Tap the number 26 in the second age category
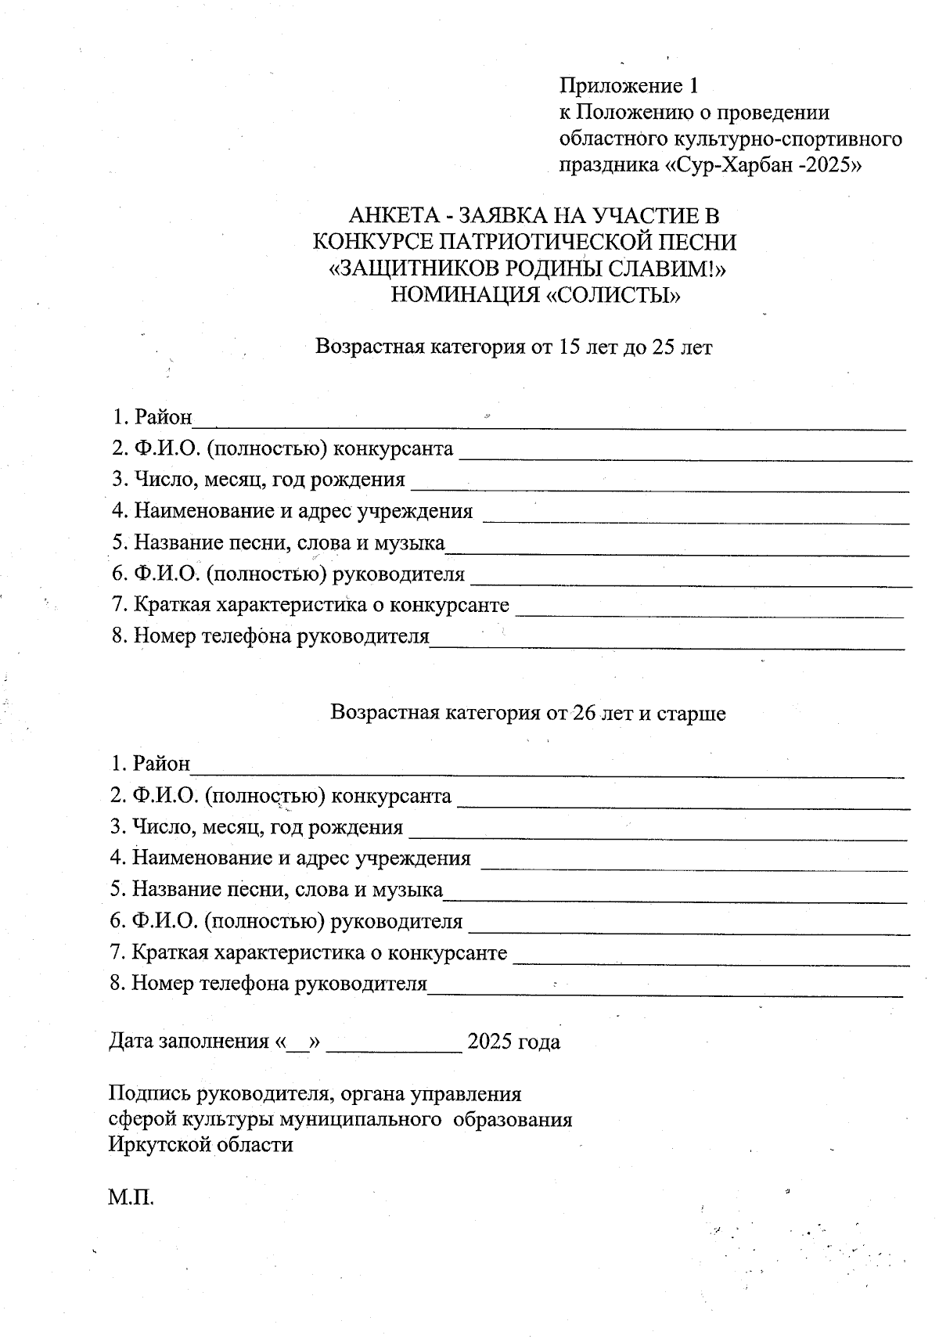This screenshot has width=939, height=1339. pyautogui.click(x=585, y=713)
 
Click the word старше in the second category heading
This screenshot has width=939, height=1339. pyautogui.click(x=691, y=713)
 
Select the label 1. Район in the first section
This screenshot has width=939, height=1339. pyautogui.click(x=152, y=416)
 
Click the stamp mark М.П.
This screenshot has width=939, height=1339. pyautogui.click(x=131, y=1197)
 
